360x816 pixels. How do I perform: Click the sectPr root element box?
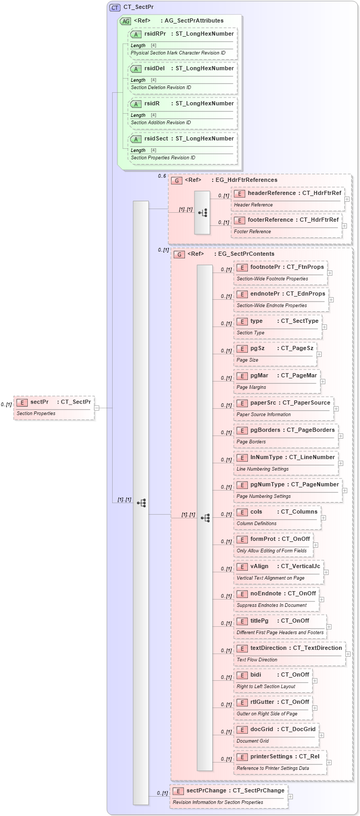point(54,407)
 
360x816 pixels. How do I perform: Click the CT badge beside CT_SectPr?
point(115,7)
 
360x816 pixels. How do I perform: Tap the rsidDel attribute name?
point(155,69)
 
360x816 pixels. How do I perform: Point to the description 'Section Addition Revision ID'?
point(161,123)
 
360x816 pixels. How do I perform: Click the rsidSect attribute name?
point(156,139)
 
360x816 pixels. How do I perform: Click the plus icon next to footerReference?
point(344,226)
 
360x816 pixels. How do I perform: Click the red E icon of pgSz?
point(242,349)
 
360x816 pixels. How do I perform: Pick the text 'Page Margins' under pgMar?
point(251,387)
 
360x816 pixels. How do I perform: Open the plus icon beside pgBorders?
point(340,436)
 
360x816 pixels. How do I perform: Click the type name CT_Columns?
point(299,512)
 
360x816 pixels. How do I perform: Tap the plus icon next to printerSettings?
point(329,763)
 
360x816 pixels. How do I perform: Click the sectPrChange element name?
point(206,791)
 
